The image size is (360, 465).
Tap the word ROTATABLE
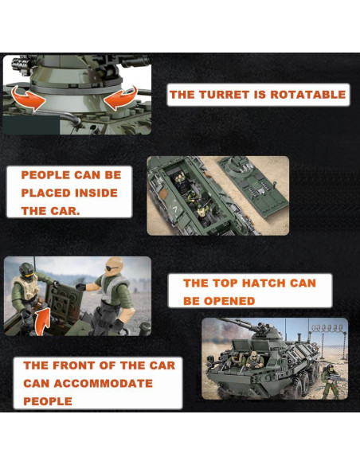tap(307, 95)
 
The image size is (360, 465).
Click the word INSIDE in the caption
tap(96, 193)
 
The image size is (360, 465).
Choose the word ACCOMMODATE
tap(103, 384)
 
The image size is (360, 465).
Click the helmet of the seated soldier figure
tap(26, 270)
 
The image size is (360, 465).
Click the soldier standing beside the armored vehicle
tap(331, 381)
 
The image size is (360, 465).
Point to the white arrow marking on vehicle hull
tap(176, 210)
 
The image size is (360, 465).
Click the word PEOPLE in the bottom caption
tap(48, 401)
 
